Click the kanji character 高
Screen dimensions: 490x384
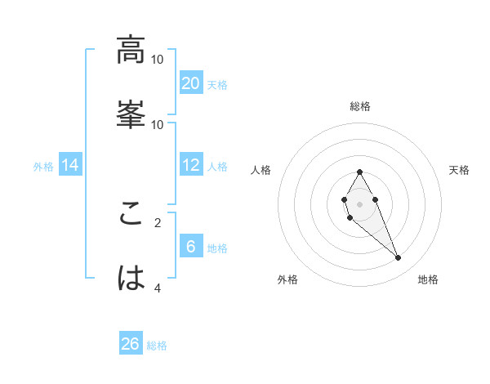click(x=131, y=51)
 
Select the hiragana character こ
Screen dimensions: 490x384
click(x=131, y=215)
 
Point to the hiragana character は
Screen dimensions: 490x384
click(x=131, y=279)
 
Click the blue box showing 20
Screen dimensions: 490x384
click(x=191, y=83)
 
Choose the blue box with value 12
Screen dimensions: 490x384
click(x=191, y=165)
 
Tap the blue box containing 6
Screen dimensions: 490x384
click(x=191, y=247)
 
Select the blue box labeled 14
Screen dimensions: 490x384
click(x=70, y=165)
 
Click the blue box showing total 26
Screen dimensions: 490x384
click(x=131, y=344)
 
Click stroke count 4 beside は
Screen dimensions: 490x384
click(x=158, y=287)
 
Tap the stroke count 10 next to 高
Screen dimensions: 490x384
click(x=158, y=60)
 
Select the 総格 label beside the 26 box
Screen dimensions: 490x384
click(x=157, y=346)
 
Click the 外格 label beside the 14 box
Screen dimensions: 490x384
click(x=43, y=166)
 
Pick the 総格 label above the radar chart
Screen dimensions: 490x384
click(x=359, y=106)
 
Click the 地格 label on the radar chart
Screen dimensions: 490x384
click(x=428, y=279)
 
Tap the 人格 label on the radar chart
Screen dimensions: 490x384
click(x=261, y=170)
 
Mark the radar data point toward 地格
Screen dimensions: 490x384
click(x=398, y=258)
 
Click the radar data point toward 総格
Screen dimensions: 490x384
click(x=359, y=172)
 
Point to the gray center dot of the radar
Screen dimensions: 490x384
click(x=359, y=203)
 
